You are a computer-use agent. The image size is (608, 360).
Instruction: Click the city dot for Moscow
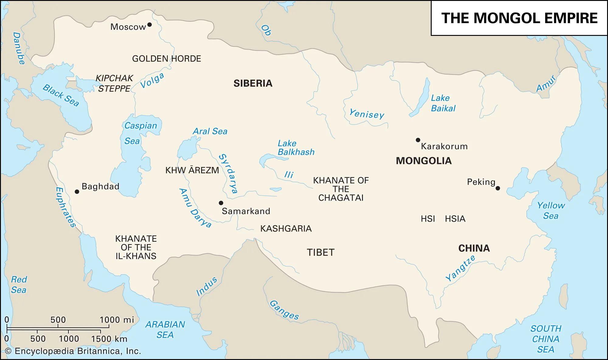coord(149,25)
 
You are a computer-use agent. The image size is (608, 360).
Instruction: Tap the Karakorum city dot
coord(418,140)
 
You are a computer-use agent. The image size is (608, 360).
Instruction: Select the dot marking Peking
coord(498,188)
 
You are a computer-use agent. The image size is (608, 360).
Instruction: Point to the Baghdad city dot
coord(77,192)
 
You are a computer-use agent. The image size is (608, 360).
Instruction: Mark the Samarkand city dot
coord(221,203)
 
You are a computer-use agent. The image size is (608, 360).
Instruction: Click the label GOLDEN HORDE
coord(166,59)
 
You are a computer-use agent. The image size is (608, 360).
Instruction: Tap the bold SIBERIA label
coord(253,83)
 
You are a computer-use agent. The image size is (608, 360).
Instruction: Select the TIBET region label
coord(320,252)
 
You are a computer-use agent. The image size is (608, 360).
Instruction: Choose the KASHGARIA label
coord(286,229)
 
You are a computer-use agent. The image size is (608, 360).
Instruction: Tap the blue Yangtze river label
coord(460,268)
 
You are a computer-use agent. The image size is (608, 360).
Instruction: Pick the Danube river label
coord(19,48)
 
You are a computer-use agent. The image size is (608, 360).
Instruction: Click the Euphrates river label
coord(65,207)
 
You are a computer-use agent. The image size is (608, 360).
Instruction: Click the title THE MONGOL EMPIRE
coord(519,18)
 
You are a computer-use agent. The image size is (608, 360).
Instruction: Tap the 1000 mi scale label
coord(117,320)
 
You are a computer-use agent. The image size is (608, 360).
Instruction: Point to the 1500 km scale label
coord(109,339)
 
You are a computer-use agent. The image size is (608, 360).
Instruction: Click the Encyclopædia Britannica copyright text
coord(73,351)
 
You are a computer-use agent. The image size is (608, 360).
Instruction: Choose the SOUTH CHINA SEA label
coord(546,339)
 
